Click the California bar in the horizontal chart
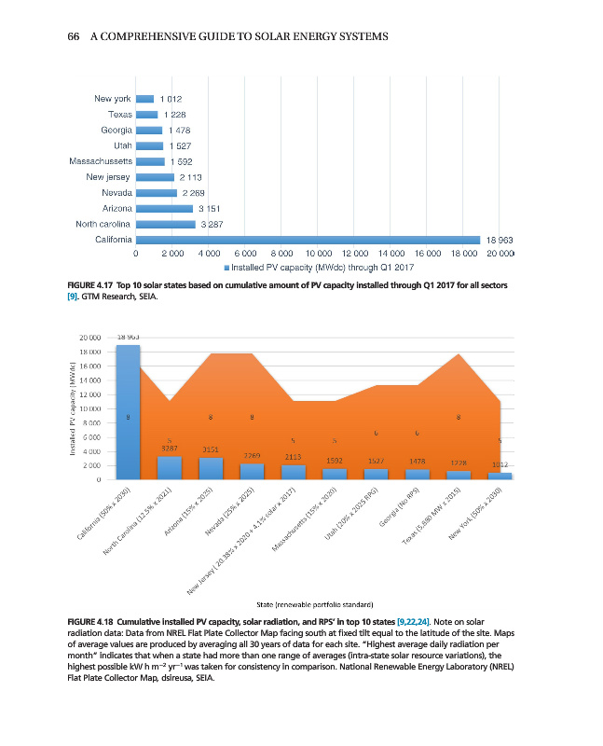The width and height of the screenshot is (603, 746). coord(308,239)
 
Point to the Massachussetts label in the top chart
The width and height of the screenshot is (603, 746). coord(100,161)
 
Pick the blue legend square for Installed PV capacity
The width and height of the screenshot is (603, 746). coord(227,268)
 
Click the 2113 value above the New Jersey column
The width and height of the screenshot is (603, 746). coord(293,457)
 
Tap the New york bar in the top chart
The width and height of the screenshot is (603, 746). coord(144,99)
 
